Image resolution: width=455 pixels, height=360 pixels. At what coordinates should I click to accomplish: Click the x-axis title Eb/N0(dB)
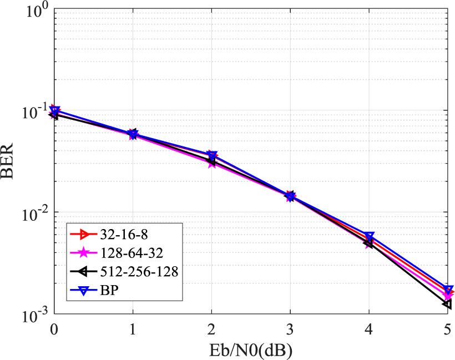click(251, 349)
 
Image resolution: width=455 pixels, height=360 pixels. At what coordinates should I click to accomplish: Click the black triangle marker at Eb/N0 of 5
click(447, 304)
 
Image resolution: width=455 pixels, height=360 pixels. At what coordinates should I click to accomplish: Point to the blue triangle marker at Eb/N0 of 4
click(369, 236)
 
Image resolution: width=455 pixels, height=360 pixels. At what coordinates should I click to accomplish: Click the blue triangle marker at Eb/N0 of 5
click(448, 290)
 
